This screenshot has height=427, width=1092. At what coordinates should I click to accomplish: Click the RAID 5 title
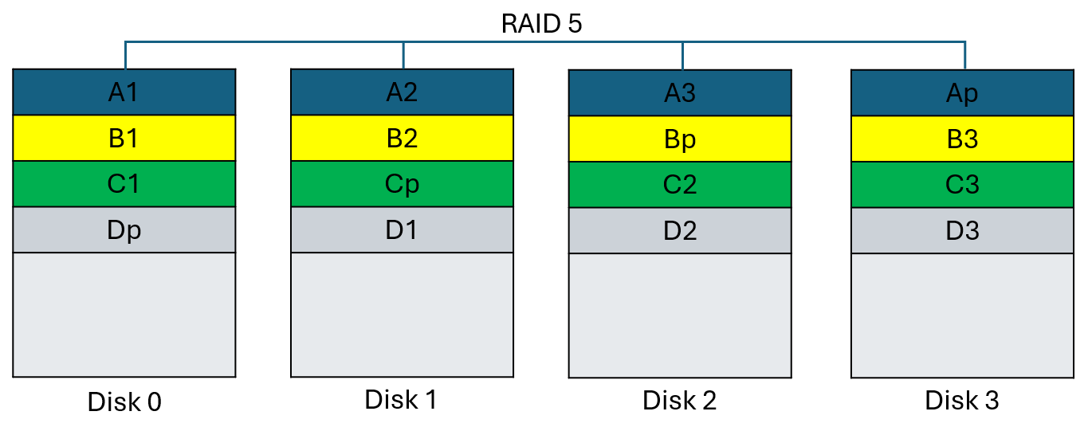pyautogui.click(x=541, y=23)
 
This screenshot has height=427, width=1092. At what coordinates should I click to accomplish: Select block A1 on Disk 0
pyautogui.click(x=124, y=92)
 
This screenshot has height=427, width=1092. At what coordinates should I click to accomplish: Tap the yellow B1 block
pyautogui.click(x=124, y=139)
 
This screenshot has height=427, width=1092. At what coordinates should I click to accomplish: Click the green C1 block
pyautogui.click(x=124, y=184)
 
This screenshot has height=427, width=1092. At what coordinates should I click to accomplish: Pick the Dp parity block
pyautogui.click(x=124, y=230)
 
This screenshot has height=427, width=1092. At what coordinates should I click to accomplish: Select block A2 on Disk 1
pyautogui.click(x=402, y=92)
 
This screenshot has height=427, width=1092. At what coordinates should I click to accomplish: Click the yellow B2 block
pyautogui.click(x=402, y=139)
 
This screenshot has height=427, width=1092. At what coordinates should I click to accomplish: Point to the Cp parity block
pyautogui.click(x=402, y=184)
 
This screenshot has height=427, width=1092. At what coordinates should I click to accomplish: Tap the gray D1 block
pyautogui.click(x=402, y=230)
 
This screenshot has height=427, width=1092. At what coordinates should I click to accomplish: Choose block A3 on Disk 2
pyautogui.click(x=680, y=93)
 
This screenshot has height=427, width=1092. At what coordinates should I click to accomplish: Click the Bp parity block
pyautogui.click(x=680, y=139)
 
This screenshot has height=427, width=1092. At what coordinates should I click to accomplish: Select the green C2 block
pyautogui.click(x=680, y=185)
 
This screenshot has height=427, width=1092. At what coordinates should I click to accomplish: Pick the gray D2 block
pyautogui.click(x=680, y=231)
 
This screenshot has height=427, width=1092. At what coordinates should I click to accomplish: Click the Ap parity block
pyautogui.click(x=962, y=93)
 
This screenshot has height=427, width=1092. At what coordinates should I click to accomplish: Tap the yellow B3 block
pyautogui.click(x=962, y=139)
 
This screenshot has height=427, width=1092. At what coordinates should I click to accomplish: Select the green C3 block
pyautogui.click(x=962, y=185)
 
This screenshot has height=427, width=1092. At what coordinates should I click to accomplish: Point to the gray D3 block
pyautogui.click(x=962, y=231)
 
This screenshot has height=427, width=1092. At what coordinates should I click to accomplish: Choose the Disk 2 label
pyautogui.click(x=680, y=401)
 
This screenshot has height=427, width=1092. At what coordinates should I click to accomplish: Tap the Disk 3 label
pyautogui.click(x=962, y=401)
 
